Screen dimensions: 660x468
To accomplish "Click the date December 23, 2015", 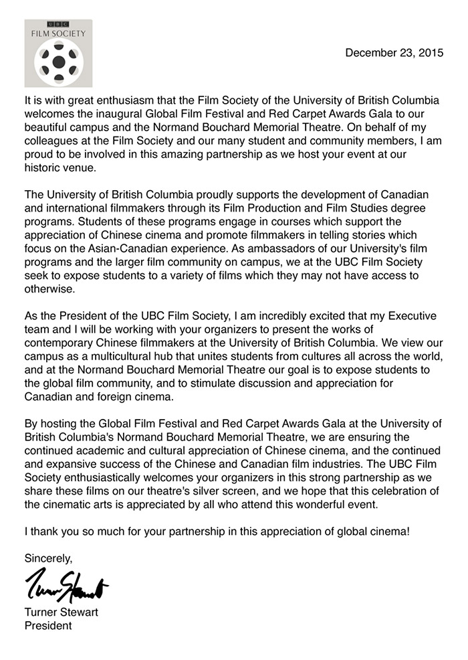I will [x=394, y=53].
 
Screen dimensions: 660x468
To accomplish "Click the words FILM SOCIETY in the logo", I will [x=57, y=31].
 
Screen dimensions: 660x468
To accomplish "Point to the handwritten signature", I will [x=66, y=591].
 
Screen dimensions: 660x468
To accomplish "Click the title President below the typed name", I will [x=47, y=627].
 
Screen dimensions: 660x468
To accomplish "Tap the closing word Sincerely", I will [x=48, y=557].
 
